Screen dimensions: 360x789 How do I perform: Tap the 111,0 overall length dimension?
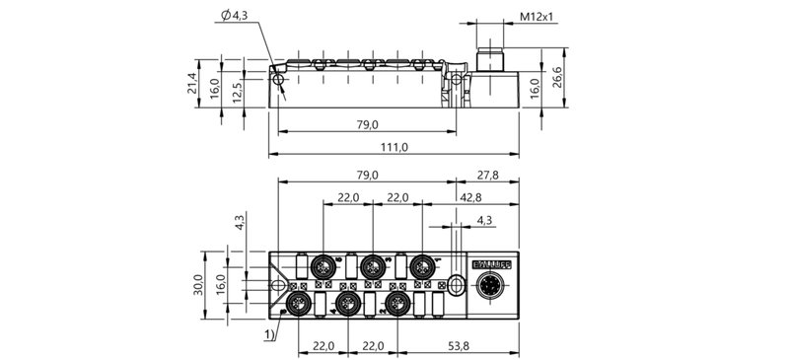394,147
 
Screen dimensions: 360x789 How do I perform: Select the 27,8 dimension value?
486,175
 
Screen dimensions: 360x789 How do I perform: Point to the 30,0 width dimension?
197,285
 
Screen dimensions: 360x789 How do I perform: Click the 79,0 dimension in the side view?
367,124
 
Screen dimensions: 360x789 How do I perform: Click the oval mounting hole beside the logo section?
455,285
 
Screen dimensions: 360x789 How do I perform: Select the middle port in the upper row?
372,265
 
